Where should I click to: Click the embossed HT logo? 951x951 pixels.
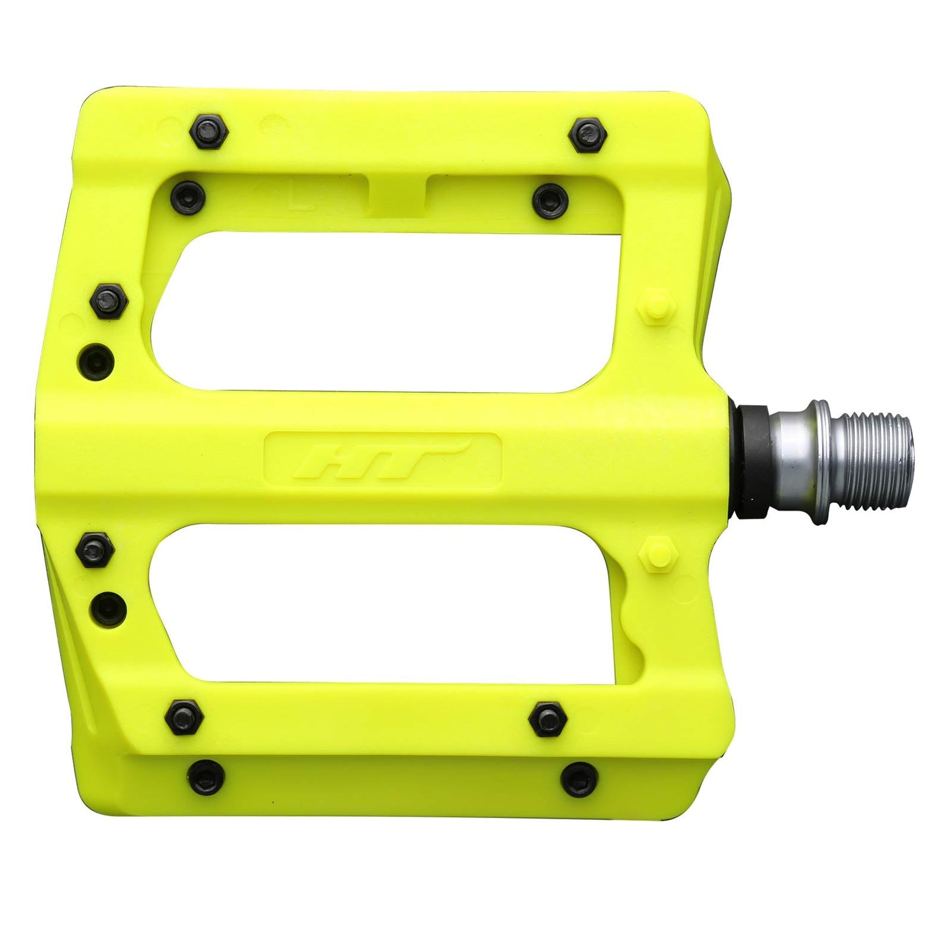coord(382,459)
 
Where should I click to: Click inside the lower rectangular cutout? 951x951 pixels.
coord(388,602)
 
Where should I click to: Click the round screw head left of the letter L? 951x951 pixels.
coord(188,195)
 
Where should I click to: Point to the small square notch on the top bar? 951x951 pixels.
coord(397,190)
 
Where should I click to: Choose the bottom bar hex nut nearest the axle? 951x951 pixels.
coord(547,719)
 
